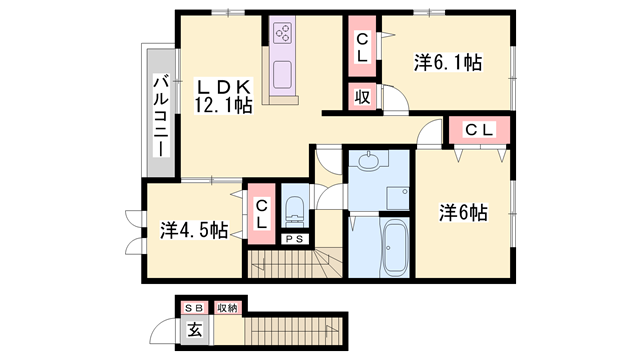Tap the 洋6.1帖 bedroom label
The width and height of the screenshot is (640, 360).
click(x=448, y=63)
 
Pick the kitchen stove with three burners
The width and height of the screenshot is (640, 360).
click(x=283, y=33)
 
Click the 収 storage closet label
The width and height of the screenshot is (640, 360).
click(x=361, y=97)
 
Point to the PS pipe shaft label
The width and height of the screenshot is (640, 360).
click(x=295, y=240)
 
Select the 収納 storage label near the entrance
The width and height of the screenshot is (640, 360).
click(x=226, y=308)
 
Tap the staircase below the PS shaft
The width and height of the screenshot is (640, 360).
click(x=295, y=264)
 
